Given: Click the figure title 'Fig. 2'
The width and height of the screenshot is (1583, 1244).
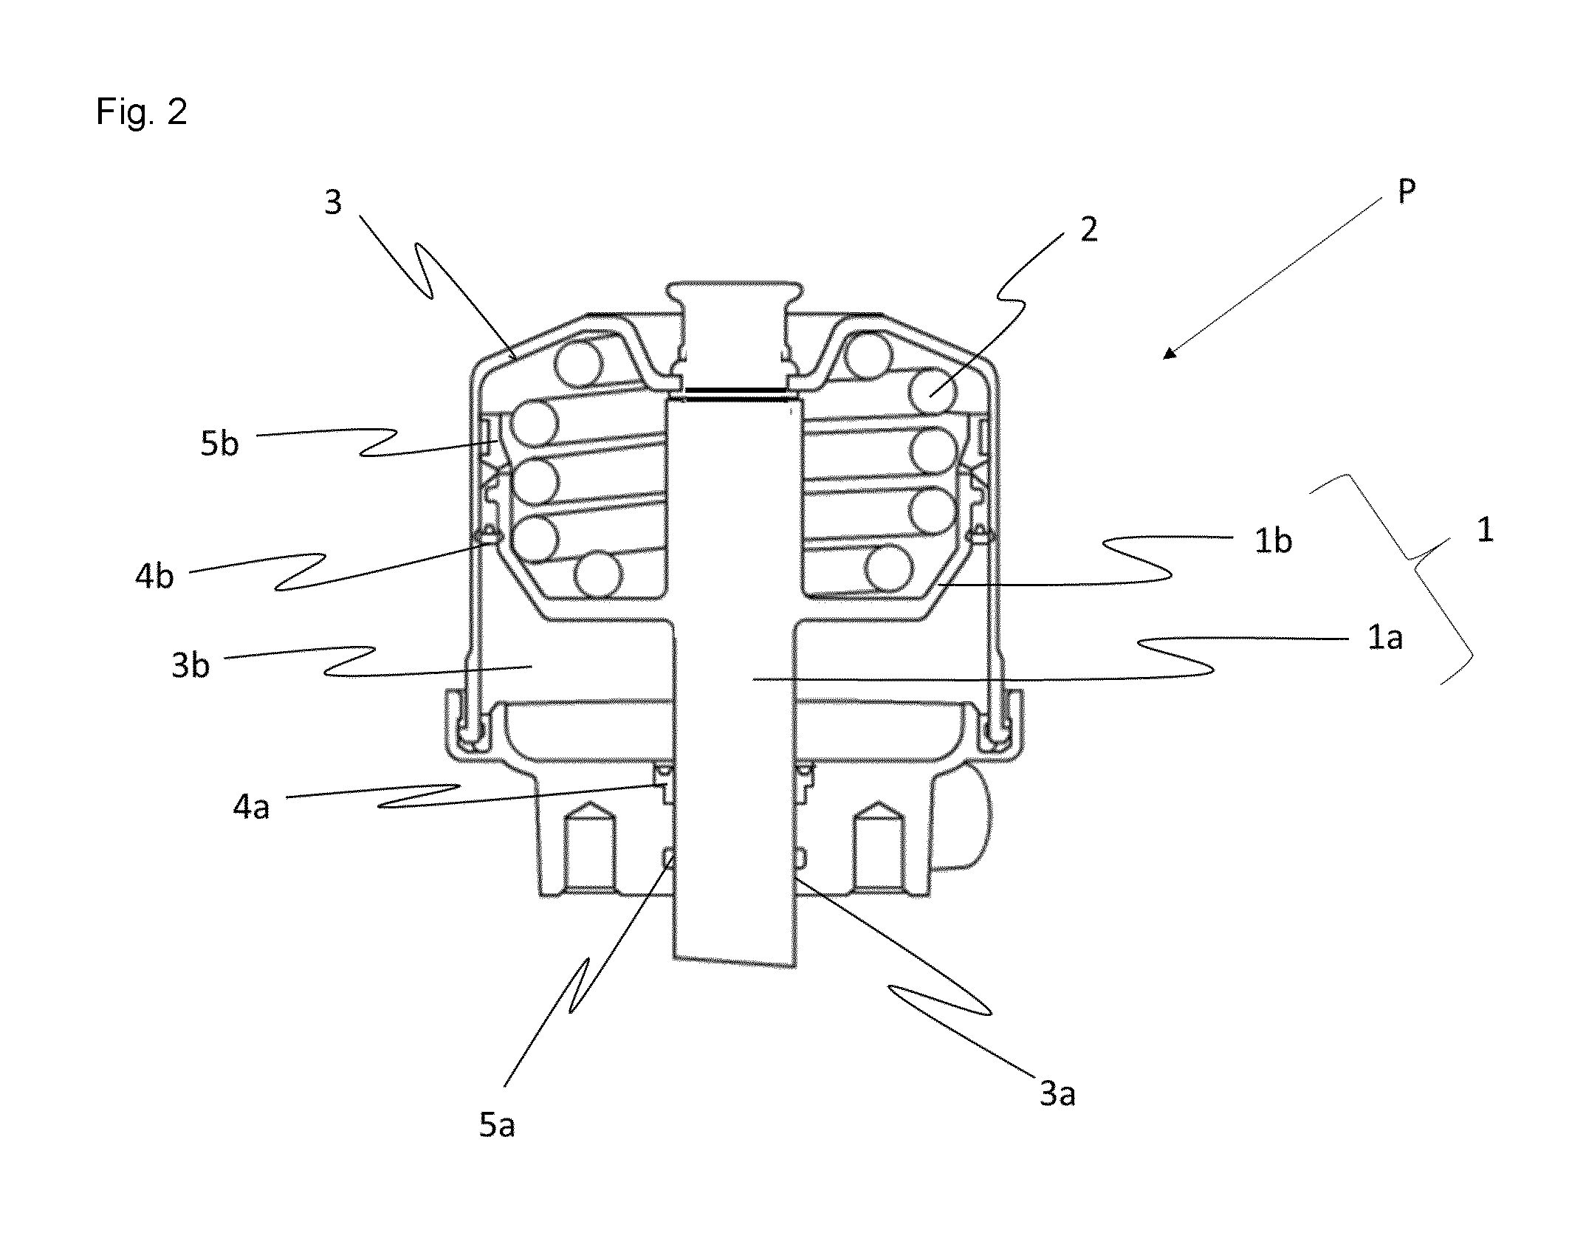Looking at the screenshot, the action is (141, 113).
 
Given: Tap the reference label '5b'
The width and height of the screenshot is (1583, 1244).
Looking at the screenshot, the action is (219, 444).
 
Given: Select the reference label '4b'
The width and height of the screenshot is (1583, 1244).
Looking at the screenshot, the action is (154, 574).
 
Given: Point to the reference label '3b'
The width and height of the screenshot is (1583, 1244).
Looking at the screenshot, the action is (190, 665).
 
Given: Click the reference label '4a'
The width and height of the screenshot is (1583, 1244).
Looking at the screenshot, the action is (252, 807).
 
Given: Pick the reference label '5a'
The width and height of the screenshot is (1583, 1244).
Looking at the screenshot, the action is (497, 1124).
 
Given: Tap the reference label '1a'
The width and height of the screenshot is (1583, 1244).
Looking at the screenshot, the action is (1385, 637).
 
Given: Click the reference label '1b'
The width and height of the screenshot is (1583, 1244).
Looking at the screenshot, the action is (1274, 541).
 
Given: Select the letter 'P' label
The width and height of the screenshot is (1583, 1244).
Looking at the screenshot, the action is (1407, 192).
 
